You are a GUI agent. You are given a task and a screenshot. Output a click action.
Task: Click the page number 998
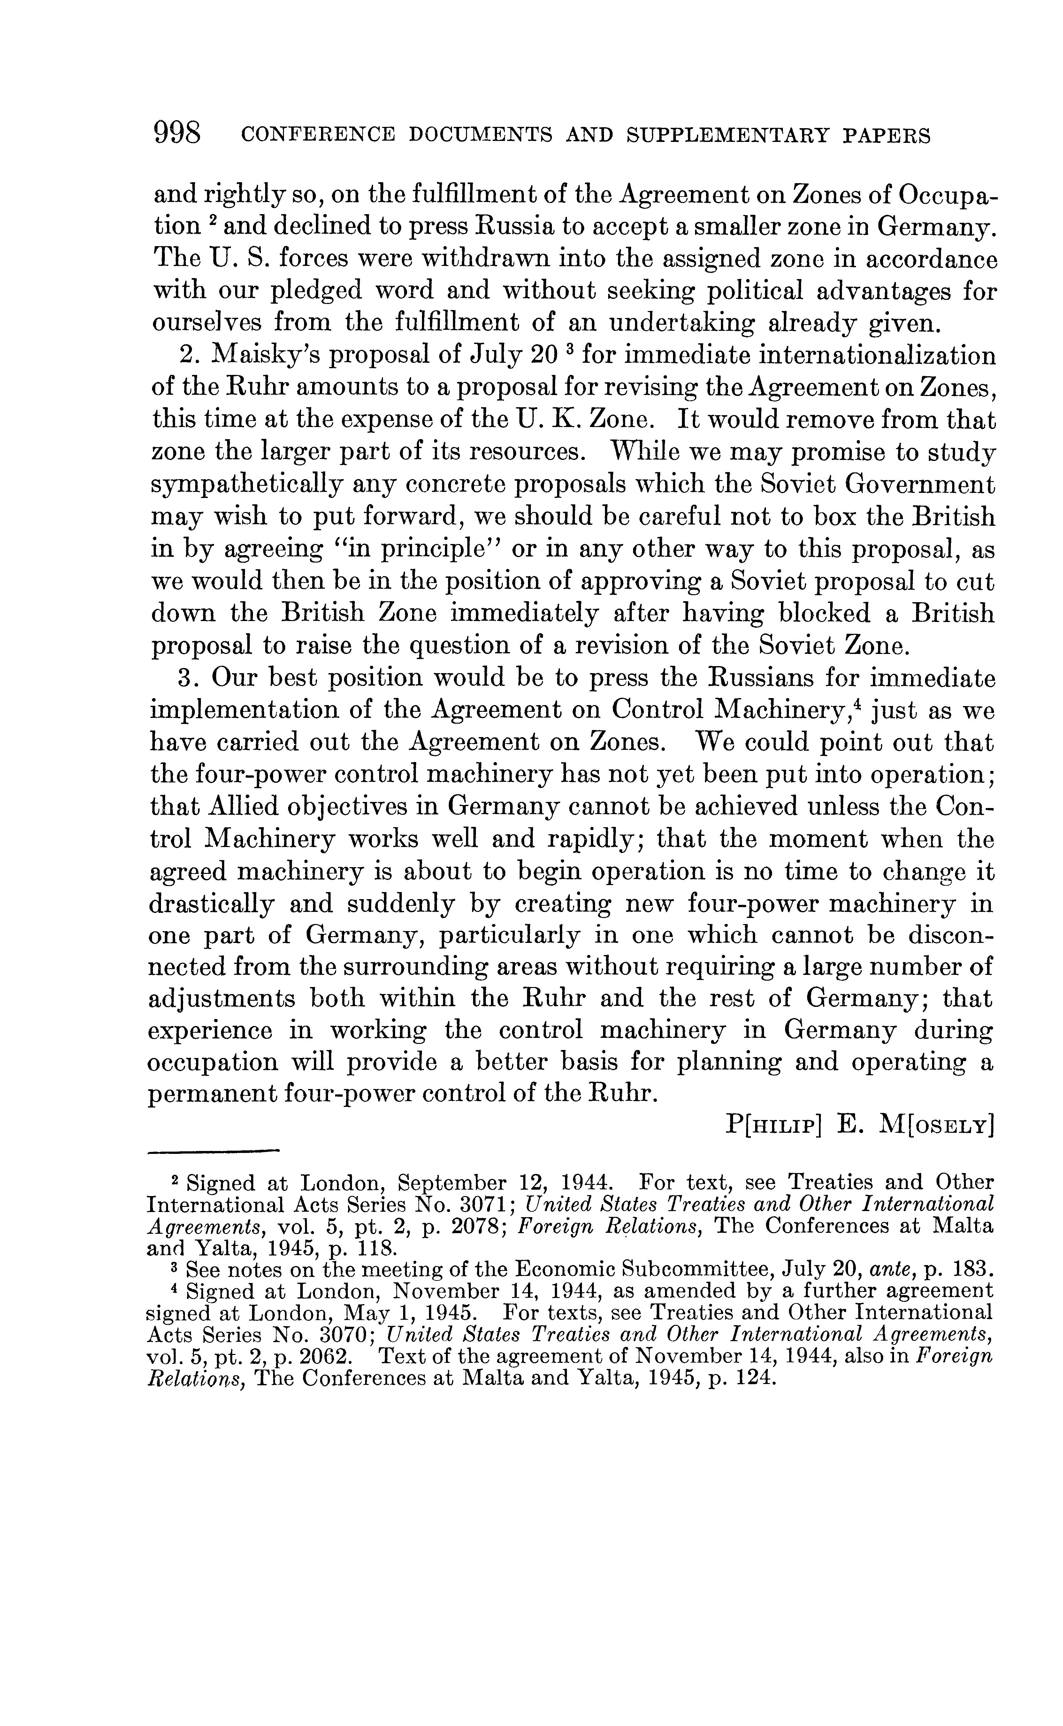177,133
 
